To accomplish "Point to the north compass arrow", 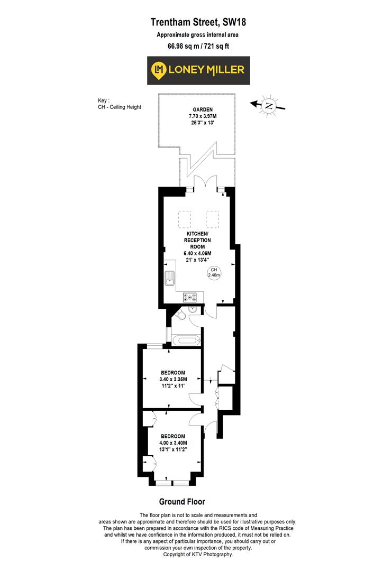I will tap(269, 105).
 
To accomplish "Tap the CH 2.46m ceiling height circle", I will tap(213, 273).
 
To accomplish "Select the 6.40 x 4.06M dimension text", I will tap(198, 253).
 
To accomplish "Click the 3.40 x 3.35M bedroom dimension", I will tap(173, 379).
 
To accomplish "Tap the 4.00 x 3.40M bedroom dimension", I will tap(173, 443).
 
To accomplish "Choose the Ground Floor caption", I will tap(182, 502).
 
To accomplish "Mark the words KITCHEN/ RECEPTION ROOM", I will tap(198, 240).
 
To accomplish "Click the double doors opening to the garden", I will tap(206, 183).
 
